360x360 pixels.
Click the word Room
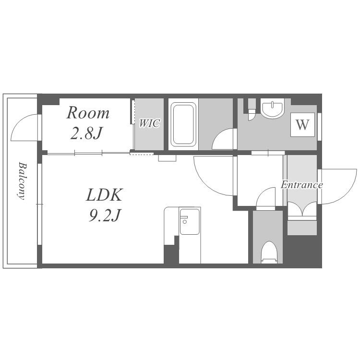88,113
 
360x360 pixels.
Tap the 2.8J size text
86,133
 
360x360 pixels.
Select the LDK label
104,195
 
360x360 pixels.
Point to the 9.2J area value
105,216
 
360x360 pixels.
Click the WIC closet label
149,123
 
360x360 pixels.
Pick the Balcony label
22,181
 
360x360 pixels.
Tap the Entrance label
302,185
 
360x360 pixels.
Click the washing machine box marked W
302,125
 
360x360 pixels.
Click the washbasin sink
272,108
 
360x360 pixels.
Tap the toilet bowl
269,252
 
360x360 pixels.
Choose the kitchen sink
190,222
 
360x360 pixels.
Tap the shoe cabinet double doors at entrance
302,209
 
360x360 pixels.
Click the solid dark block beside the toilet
302,250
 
